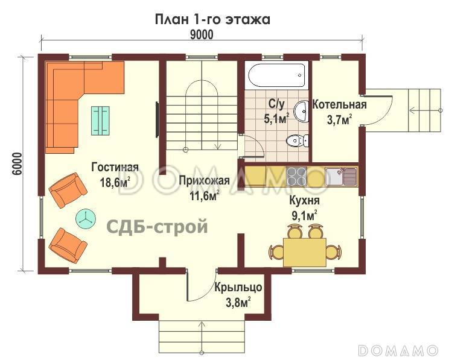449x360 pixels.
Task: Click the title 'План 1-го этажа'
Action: (x=212, y=19)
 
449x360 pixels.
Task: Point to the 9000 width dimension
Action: (x=202, y=35)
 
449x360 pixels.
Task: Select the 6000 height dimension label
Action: (x=16, y=163)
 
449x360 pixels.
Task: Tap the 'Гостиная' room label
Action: (x=115, y=167)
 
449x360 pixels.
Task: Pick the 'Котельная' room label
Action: (x=339, y=104)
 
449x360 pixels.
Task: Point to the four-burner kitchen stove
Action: (x=296, y=175)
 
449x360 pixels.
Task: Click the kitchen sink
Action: (x=341, y=176)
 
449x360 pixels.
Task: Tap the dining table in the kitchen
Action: (x=304, y=251)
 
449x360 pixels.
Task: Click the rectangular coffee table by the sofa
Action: (x=101, y=119)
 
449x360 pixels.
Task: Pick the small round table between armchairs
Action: (x=85, y=218)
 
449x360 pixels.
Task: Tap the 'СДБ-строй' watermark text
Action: (x=158, y=227)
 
